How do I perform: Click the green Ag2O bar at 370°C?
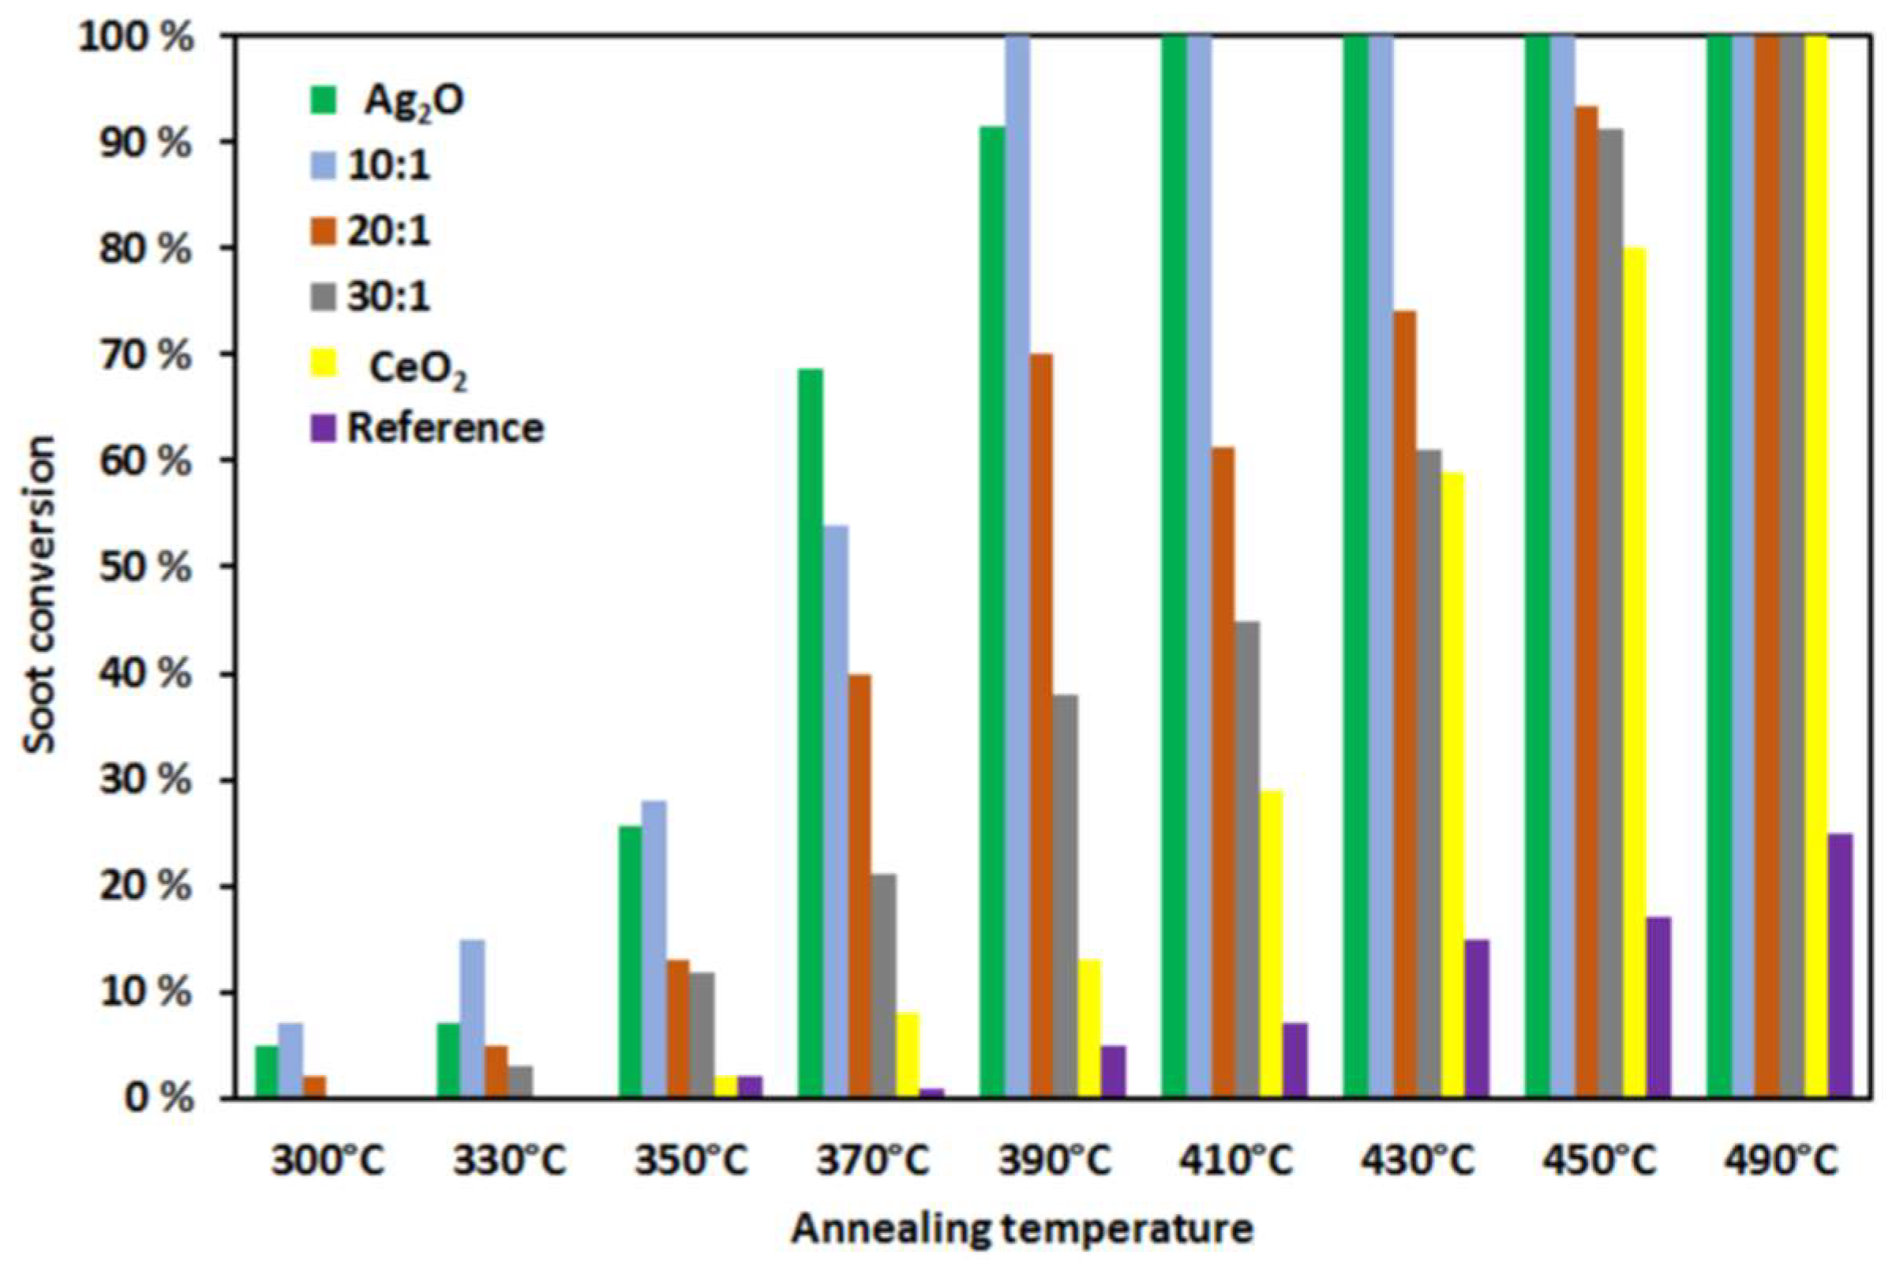[811, 733]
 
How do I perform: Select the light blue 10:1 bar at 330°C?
[472, 1018]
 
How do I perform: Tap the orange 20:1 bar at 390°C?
[1040, 725]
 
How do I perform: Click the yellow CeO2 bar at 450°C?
[1634, 673]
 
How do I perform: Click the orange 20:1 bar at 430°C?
[1405, 704]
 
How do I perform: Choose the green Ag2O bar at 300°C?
[266, 1071]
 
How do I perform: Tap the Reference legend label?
[445, 429]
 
